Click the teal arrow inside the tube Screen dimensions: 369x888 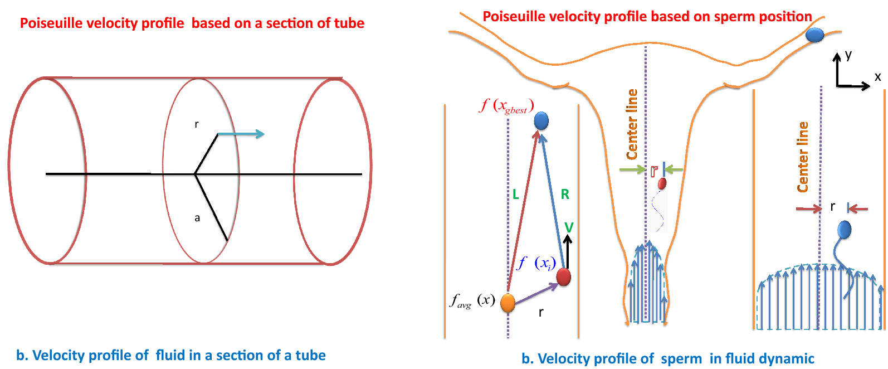tap(241, 134)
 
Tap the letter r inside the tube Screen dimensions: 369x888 tap(196, 124)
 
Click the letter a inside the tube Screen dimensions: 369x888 tap(197, 218)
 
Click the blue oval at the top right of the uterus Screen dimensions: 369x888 tap(814, 36)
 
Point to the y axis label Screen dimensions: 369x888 tap(848, 55)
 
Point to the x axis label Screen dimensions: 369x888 tap(877, 77)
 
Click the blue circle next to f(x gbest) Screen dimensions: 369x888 tap(541, 121)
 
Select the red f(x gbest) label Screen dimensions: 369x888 tap(506, 105)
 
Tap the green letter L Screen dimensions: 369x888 tap(515, 195)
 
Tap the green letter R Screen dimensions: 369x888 tap(565, 195)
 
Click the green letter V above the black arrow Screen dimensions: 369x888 tap(569, 227)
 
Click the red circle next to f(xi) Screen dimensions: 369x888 tap(563, 277)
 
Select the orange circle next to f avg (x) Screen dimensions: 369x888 tap(508, 303)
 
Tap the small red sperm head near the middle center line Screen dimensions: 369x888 tap(662, 183)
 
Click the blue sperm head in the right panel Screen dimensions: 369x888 tap(845, 230)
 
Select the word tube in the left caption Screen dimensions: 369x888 tap(310, 356)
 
